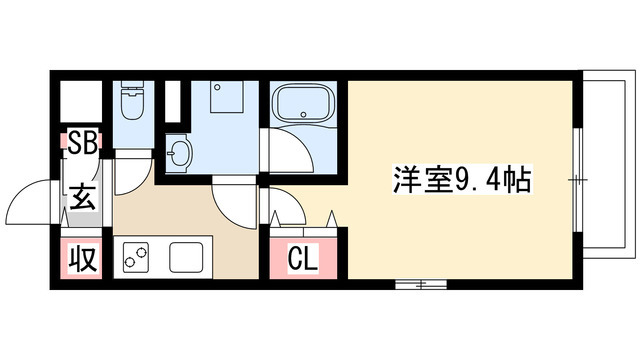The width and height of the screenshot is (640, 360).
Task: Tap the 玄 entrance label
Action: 81,196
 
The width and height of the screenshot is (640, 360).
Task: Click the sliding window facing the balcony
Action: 578,180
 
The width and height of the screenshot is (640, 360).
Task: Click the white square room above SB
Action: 79,100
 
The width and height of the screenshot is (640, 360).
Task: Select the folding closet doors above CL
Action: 285,215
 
